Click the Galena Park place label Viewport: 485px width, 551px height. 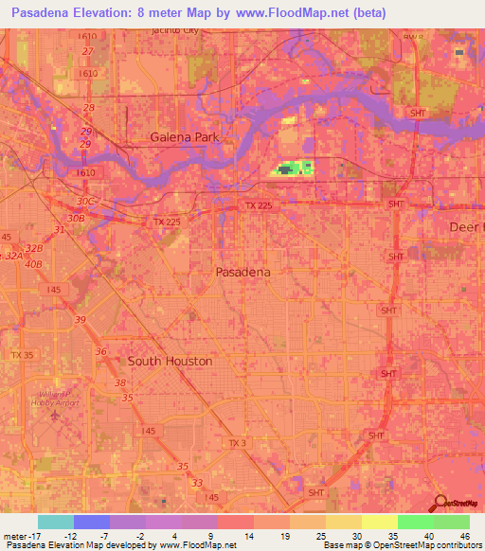coord(184,137)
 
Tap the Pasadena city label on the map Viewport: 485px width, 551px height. coord(243,272)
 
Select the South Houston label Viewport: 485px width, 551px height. coord(171,362)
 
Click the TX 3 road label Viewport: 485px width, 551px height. coord(238,442)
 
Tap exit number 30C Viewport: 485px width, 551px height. coord(87,202)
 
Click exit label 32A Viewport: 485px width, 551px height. coord(13,256)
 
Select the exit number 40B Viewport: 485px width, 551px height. coord(34,263)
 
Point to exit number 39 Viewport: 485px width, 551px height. coord(81,320)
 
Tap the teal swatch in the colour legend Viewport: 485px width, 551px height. coord(56,522)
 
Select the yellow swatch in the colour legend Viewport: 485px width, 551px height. coord(380,522)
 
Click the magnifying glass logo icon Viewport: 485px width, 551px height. coord(440,503)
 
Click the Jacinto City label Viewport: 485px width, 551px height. coord(176,30)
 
